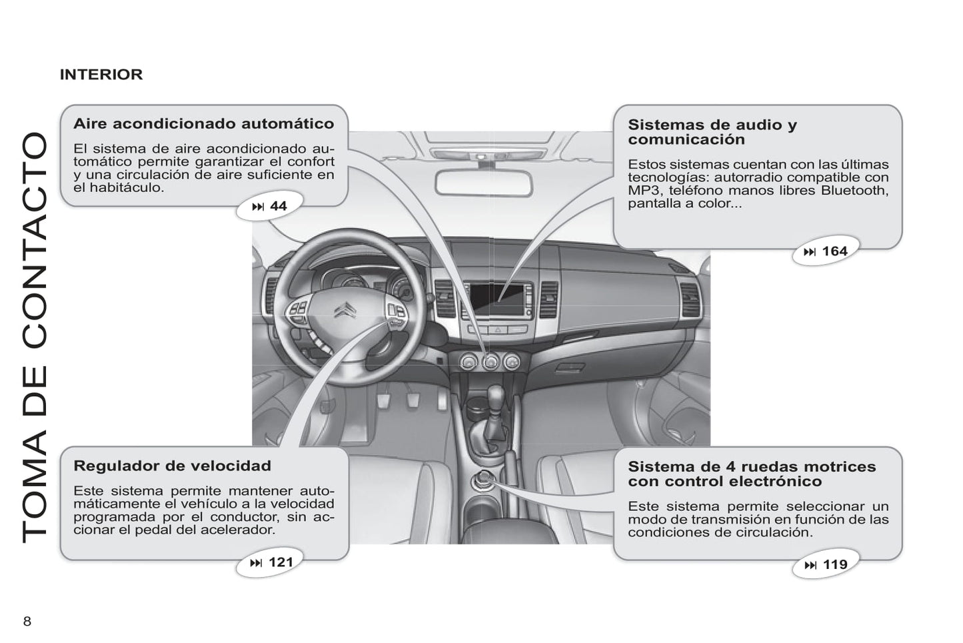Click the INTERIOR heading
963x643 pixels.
[101, 75]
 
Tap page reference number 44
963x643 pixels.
[278, 206]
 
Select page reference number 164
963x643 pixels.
[835, 251]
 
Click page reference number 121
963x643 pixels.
[281, 562]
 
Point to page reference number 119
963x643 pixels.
[835, 564]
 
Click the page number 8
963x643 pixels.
[27, 621]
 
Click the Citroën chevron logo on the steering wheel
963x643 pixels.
[345, 310]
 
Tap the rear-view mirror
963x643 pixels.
[484, 183]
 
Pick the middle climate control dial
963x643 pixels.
[490, 362]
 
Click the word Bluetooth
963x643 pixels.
[854, 190]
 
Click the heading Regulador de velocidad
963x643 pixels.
[172, 466]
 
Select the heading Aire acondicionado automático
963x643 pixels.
[204, 123]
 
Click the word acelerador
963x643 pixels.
[237, 530]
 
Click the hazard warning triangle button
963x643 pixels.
[498, 330]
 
